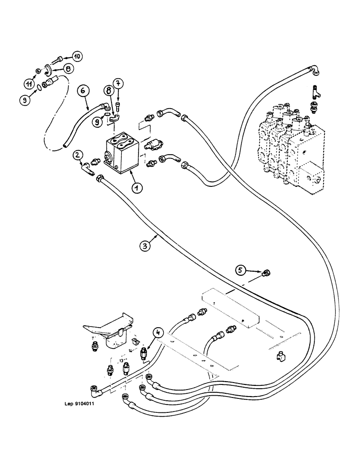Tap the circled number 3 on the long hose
(x=147, y=247)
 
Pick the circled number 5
(x=241, y=269)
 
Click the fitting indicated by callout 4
(x=144, y=355)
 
